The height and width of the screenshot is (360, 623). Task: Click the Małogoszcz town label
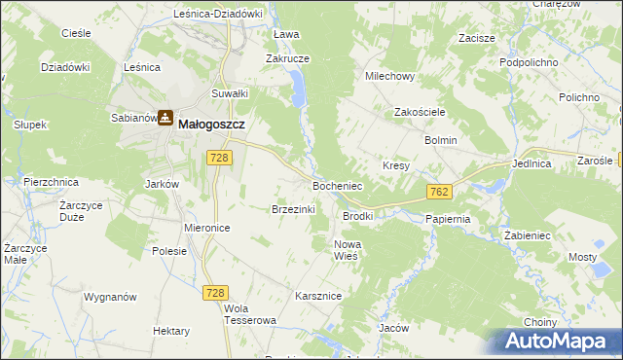pyautogui.click(x=211, y=124)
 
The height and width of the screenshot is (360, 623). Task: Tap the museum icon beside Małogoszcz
pyautogui.click(x=166, y=119)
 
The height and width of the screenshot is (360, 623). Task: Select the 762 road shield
pyautogui.click(x=438, y=192)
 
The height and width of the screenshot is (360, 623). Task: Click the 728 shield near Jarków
pyautogui.click(x=218, y=158)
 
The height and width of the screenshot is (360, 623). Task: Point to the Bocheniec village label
pyautogui.click(x=337, y=185)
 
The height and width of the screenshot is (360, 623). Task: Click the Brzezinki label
pyautogui.click(x=291, y=208)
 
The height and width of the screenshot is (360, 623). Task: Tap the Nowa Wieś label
pyautogui.click(x=348, y=249)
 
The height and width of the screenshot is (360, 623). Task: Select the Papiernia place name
pyautogui.click(x=448, y=219)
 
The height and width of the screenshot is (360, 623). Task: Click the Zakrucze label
pyautogui.click(x=288, y=58)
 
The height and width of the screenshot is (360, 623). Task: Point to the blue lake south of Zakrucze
pyautogui.click(x=298, y=93)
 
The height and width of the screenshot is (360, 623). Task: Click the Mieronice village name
pyautogui.click(x=206, y=227)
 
